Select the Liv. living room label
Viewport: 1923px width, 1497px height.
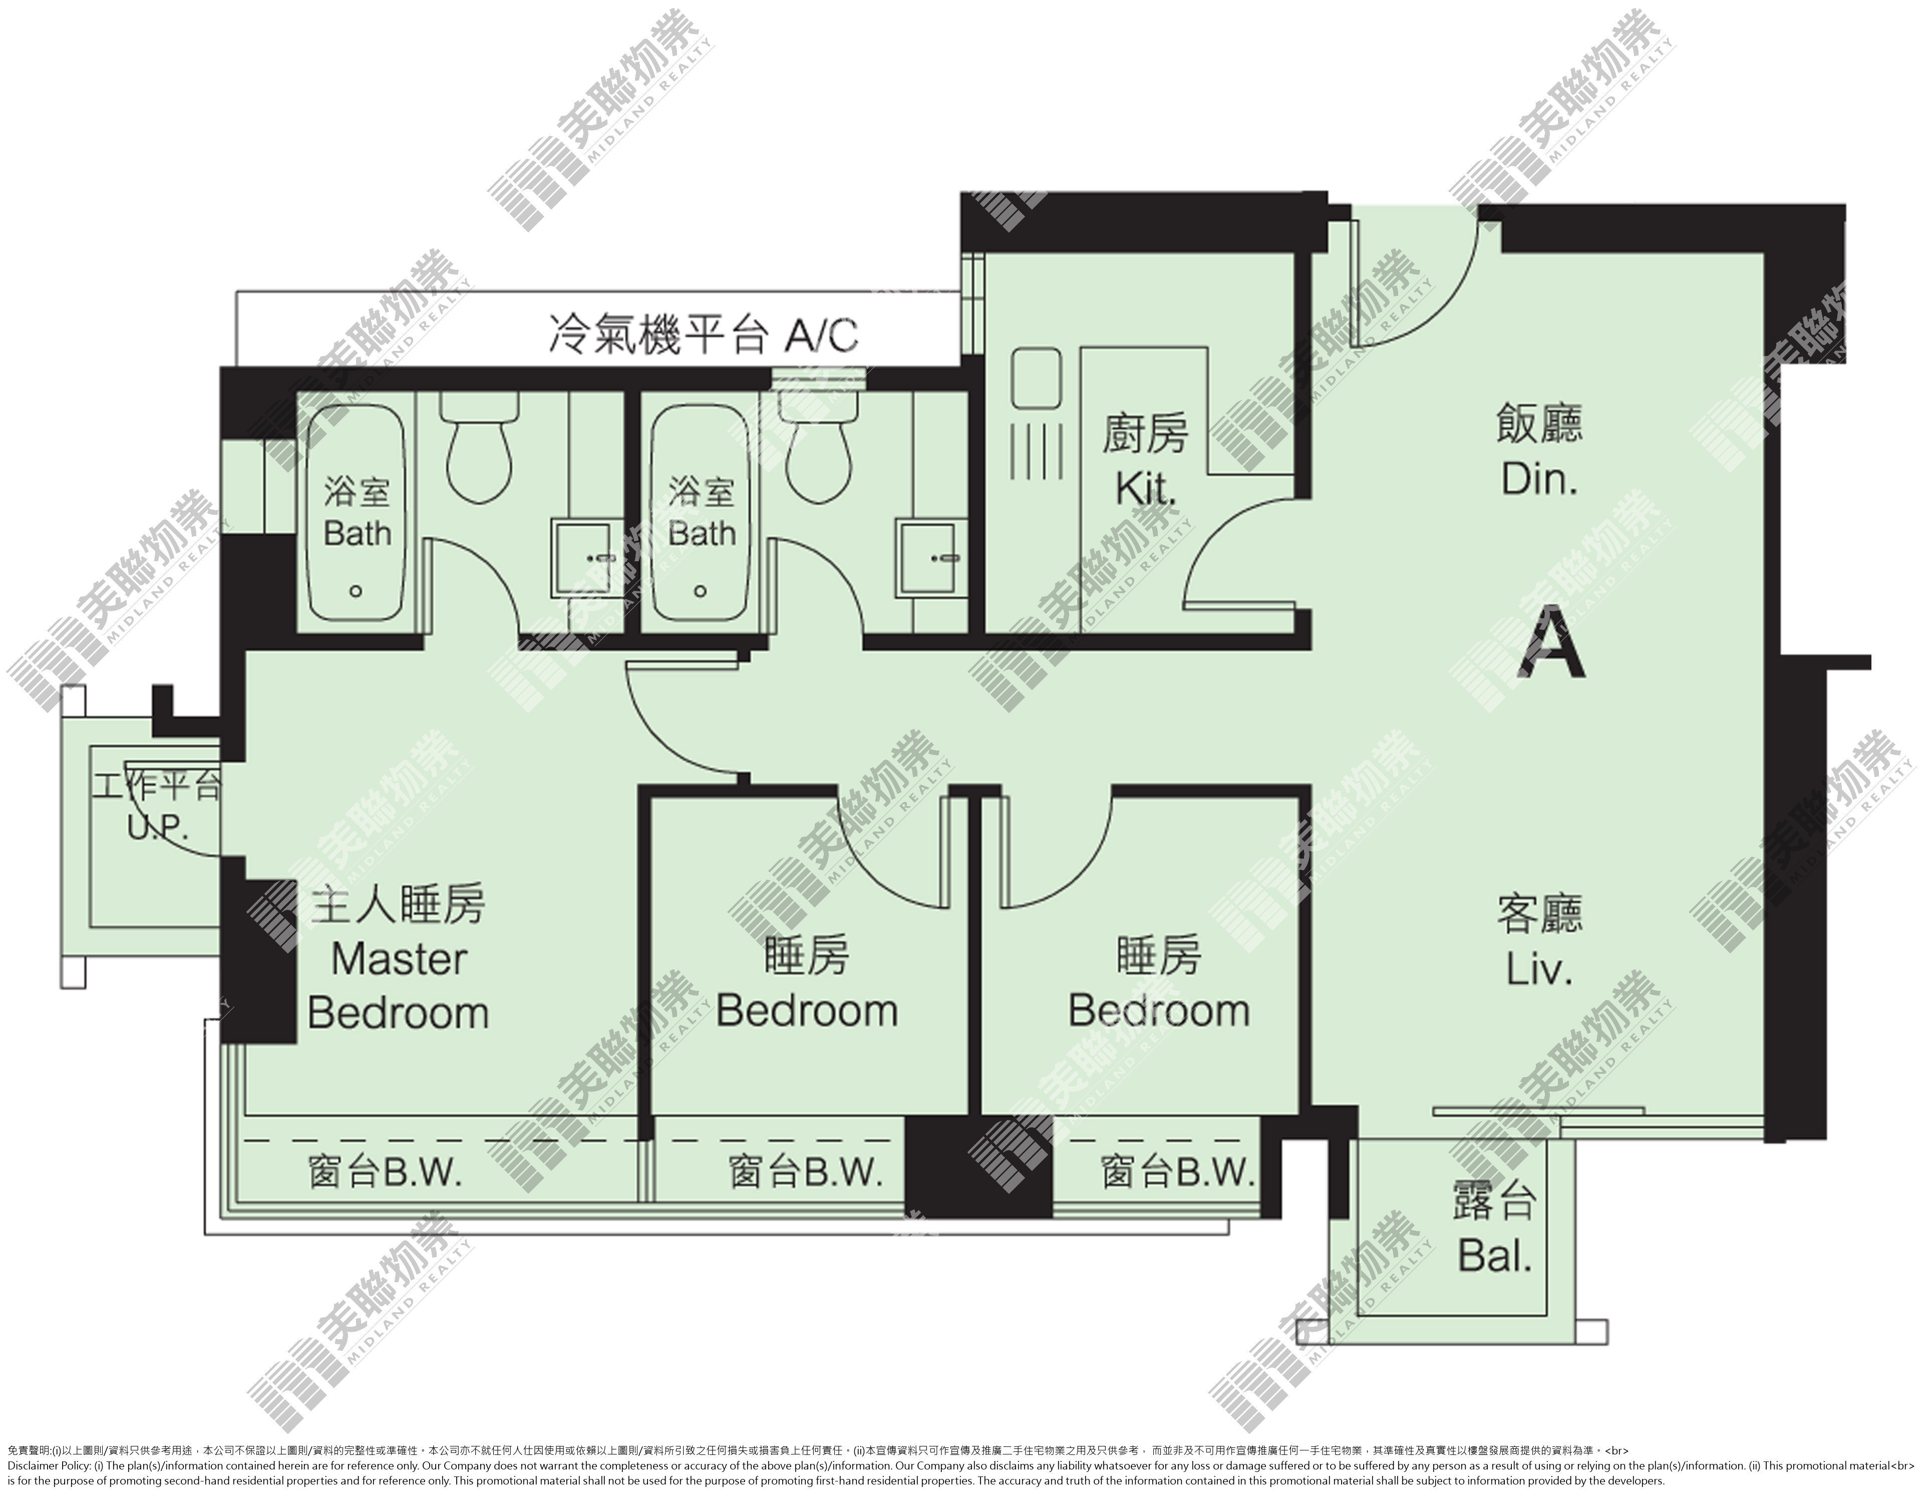pyautogui.click(x=1538, y=970)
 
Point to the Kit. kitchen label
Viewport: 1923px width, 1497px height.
pyautogui.click(x=1145, y=490)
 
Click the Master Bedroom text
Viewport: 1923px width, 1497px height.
pyautogui.click(x=398, y=986)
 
